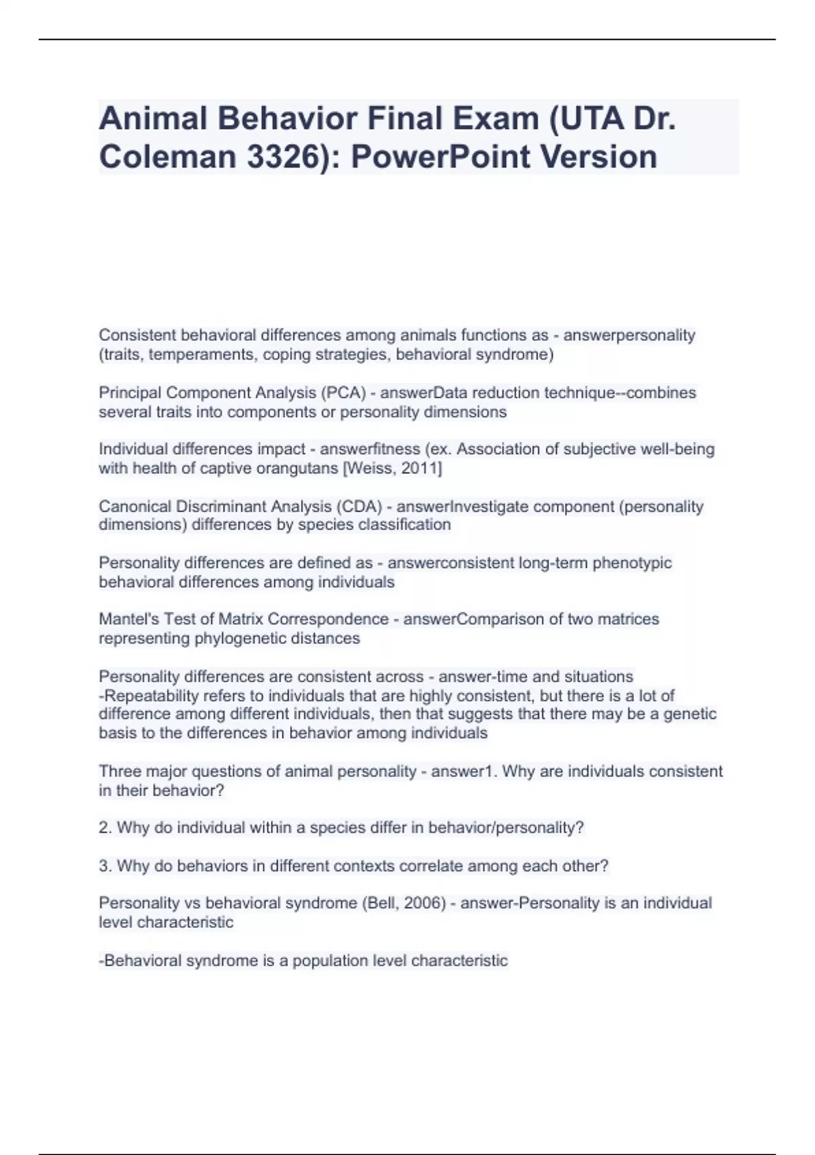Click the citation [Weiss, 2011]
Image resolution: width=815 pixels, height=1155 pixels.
pyautogui.click(x=393, y=468)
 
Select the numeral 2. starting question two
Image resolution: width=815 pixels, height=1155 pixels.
pyautogui.click(x=105, y=828)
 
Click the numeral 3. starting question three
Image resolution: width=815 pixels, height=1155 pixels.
pyautogui.click(x=105, y=866)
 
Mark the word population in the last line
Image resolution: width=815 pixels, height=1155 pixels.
pyautogui.click(x=329, y=961)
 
